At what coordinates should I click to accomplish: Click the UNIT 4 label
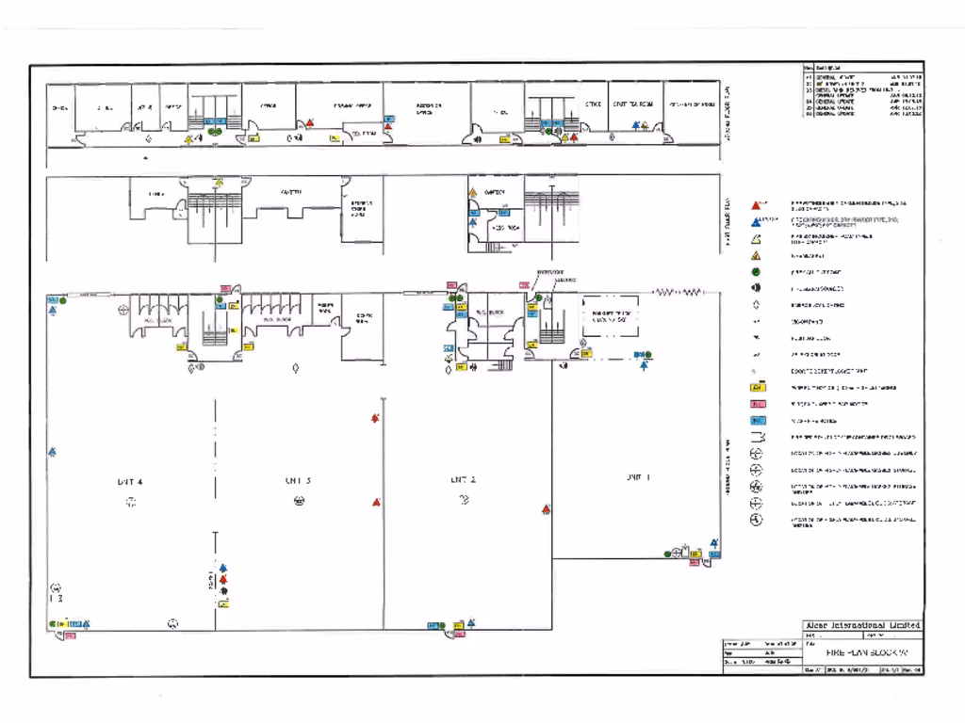pyautogui.click(x=130, y=481)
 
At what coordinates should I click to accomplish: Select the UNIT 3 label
pyautogui.click(x=298, y=480)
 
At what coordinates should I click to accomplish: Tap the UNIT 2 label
pyautogui.click(x=463, y=480)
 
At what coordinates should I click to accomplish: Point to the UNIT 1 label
pyautogui.click(x=638, y=477)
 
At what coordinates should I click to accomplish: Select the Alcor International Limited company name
pyautogui.click(x=862, y=625)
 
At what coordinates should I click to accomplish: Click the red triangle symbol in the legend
pyautogui.click(x=756, y=204)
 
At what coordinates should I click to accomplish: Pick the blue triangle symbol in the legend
pyautogui.click(x=756, y=221)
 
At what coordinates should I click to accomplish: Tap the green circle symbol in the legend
pyautogui.click(x=756, y=271)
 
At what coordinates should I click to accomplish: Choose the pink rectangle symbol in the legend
pyautogui.click(x=757, y=403)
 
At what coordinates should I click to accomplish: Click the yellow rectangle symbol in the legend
pyautogui.click(x=757, y=387)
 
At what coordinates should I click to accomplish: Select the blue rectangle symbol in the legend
pyautogui.click(x=757, y=420)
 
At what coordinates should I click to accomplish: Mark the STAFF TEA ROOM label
pyautogui.click(x=632, y=104)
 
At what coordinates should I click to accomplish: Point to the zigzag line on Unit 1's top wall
pyautogui.click(x=676, y=293)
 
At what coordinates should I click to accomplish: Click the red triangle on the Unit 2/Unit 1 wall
pyautogui.click(x=546, y=509)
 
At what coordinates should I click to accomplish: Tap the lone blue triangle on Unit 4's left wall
pyautogui.click(x=52, y=453)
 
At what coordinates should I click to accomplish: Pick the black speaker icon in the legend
pyautogui.click(x=756, y=288)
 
